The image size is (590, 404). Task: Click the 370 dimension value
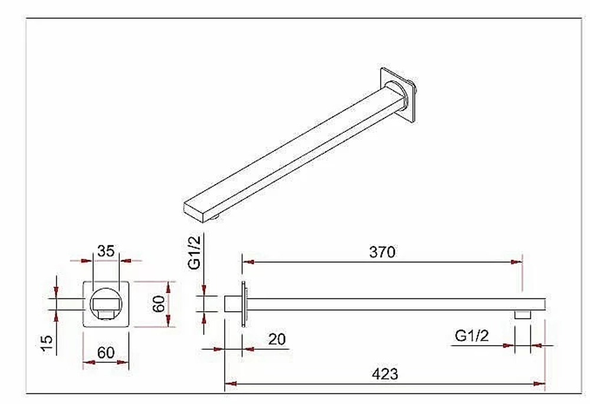(382, 252)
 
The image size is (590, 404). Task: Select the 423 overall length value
(385, 375)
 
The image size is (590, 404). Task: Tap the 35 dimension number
(106, 251)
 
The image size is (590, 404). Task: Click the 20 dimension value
(277, 339)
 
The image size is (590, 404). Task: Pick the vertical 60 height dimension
(159, 304)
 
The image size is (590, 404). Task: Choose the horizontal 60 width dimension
(106, 353)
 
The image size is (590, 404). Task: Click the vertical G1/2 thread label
(195, 251)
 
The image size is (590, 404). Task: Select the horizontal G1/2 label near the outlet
(472, 336)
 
